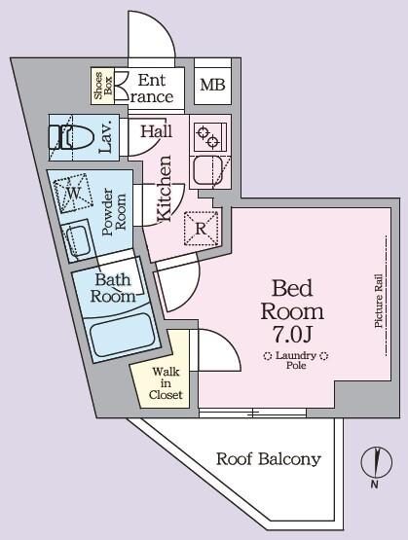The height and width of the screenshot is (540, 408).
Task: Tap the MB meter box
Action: tap(212, 86)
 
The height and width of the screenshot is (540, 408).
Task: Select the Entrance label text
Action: tap(154, 88)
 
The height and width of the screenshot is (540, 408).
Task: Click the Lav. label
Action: tap(108, 136)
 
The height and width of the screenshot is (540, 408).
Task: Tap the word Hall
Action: tap(157, 131)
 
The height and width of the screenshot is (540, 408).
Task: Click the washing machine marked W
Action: tap(73, 193)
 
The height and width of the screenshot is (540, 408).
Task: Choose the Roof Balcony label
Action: tap(268, 459)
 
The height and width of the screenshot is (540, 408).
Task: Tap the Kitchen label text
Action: tap(165, 189)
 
